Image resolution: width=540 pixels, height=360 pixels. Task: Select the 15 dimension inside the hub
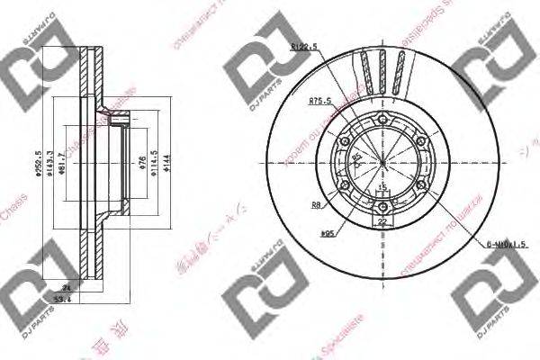point(382,187)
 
